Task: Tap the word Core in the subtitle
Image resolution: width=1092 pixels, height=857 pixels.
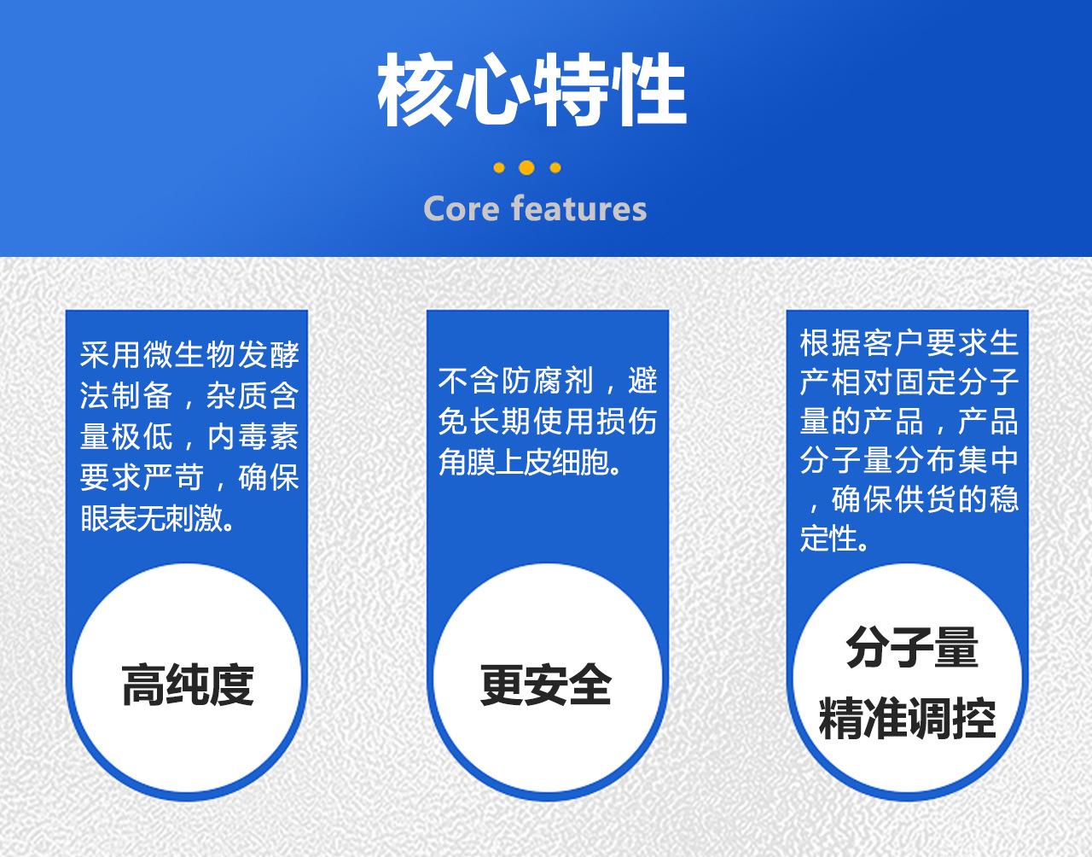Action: point(461,209)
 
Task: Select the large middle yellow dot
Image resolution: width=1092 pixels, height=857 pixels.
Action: point(526,167)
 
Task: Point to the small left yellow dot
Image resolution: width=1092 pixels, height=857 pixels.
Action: point(499,168)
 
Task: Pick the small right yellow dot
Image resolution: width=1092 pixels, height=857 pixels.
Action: point(555,168)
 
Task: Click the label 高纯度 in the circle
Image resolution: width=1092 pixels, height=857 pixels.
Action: point(188,685)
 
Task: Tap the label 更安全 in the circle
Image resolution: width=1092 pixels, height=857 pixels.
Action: point(546,685)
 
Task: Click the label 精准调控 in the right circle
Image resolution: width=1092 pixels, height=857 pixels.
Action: point(908,718)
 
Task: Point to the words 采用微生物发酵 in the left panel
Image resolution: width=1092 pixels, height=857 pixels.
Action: point(189,354)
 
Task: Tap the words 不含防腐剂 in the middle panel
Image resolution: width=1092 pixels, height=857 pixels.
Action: point(516,381)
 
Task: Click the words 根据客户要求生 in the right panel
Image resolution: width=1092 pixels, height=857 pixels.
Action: point(909,343)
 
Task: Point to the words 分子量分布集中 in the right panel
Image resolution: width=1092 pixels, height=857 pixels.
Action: point(909,461)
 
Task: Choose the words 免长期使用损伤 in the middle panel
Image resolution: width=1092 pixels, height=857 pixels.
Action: point(547,422)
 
